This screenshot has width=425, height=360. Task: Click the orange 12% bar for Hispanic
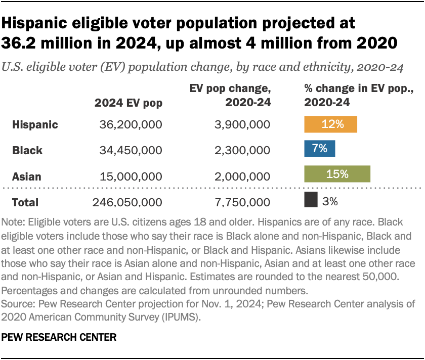pos(330,124)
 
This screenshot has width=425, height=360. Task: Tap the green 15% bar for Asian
pos(337,174)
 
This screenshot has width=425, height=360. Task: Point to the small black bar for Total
pos(311,201)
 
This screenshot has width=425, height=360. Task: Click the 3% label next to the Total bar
pos(330,201)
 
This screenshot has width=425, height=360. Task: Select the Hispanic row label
pos(35,124)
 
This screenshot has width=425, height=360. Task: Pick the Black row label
pos(27,150)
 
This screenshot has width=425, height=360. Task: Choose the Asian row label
pos(27,176)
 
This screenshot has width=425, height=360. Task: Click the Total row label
pos(25,202)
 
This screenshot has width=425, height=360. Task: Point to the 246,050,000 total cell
pos(127,202)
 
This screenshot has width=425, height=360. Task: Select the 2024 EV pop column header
pos(129,103)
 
